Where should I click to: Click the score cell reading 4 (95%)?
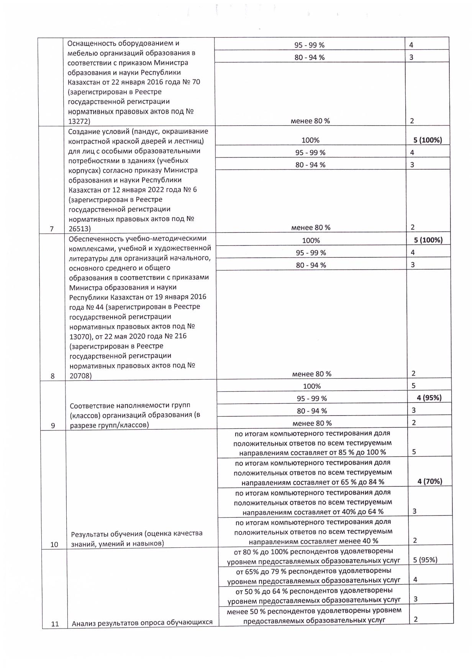[429, 398]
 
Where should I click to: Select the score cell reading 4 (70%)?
[430, 481]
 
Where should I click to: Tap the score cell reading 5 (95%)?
[425, 560]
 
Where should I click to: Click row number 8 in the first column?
[52, 376]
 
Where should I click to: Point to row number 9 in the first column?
[53, 426]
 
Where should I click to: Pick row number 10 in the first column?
[54, 544]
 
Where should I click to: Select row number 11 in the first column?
[55, 624]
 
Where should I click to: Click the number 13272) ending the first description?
[79, 121]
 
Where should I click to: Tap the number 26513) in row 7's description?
[79, 229]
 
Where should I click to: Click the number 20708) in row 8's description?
[80, 376]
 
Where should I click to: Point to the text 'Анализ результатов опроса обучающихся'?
[142, 623]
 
